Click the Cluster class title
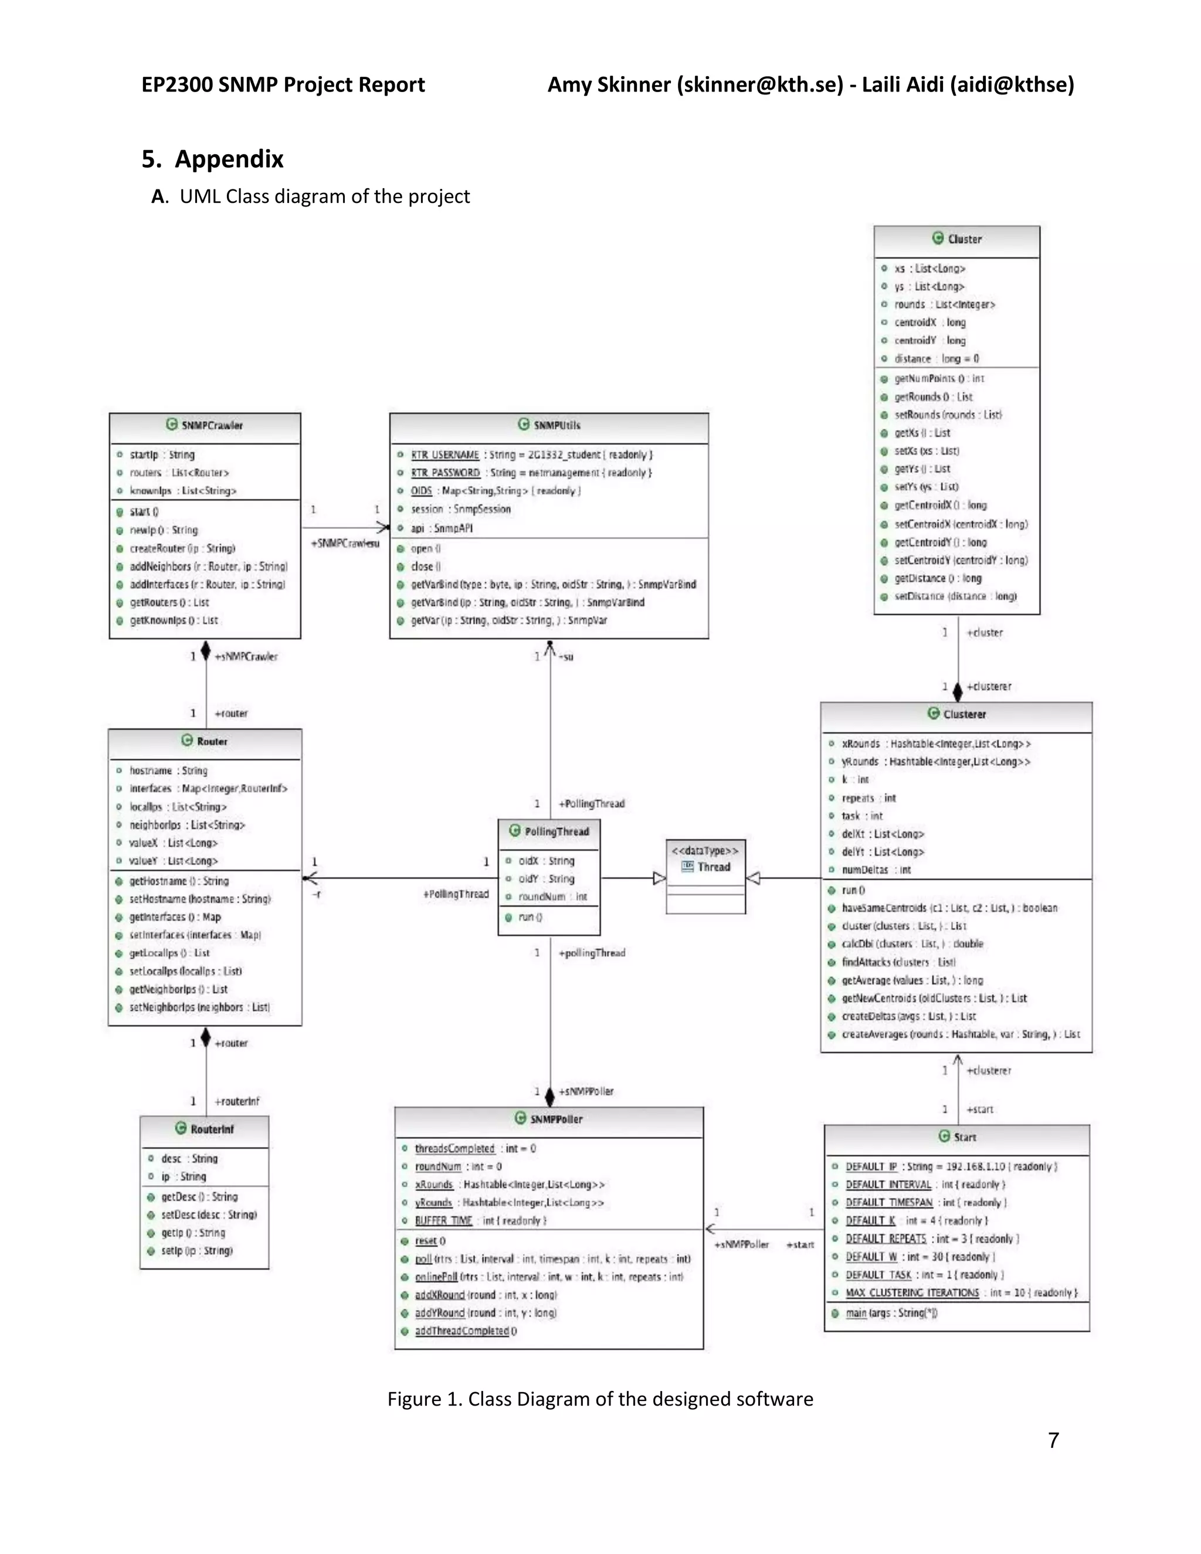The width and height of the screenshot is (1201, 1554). (x=964, y=239)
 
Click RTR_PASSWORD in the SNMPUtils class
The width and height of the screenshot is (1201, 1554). (x=446, y=473)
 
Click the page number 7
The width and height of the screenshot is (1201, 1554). (x=1054, y=1440)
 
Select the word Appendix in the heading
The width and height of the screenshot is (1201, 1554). (x=229, y=159)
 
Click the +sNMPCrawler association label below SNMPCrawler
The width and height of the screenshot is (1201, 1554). (x=246, y=657)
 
